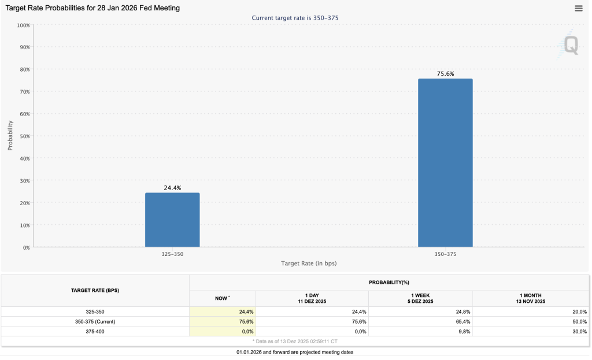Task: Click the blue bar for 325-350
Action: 172,220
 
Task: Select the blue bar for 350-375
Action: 445,163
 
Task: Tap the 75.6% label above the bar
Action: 446,73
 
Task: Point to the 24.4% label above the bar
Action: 172,188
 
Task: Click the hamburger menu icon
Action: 578,8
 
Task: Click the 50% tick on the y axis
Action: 24,136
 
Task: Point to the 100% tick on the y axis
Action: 23,25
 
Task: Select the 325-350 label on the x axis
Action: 172,254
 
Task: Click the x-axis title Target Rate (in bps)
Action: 309,263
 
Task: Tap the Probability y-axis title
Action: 10,135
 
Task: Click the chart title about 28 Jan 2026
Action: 92,8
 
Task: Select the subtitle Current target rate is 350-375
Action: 295,18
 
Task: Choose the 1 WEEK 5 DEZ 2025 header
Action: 420,299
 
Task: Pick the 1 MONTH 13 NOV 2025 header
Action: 531,299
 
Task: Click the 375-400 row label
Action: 95,331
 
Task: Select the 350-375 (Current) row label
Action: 95,321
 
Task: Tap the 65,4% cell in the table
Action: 463,321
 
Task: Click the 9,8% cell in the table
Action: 464,331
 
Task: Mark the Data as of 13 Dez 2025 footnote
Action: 295,341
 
